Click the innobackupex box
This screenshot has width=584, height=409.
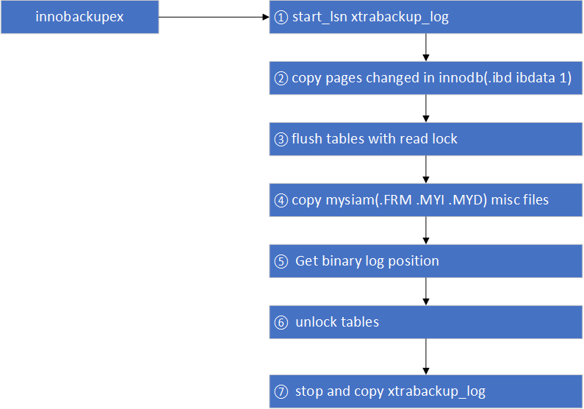point(79,17)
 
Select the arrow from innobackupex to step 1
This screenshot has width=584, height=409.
point(214,17)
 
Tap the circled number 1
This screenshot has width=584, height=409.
point(280,18)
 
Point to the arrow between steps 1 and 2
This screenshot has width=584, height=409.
point(426,47)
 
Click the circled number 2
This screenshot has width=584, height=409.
point(281,78)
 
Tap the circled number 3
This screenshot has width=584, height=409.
point(281,139)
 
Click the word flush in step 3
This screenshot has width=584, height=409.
point(308,139)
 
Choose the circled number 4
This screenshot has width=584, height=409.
point(281,199)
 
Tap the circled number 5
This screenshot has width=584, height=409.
point(281,260)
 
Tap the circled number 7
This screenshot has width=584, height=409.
point(281,391)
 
